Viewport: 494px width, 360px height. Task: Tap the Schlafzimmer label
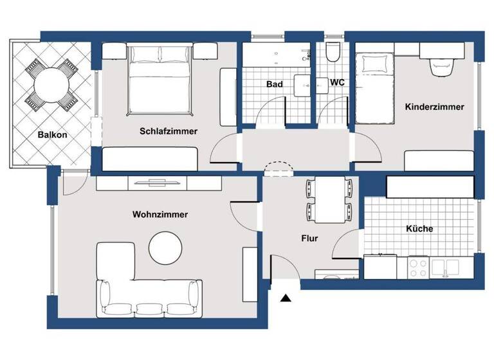[x=169, y=131]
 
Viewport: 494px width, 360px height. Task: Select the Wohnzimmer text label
[x=160, y=215]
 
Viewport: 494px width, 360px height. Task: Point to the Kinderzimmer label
[x=434, y=107]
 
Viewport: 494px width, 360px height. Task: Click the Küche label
[x=419, y=228]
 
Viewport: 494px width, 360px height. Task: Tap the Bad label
[x=275, y=84]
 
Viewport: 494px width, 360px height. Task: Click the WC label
[x=338, y=83]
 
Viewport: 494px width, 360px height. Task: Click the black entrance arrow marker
[x=286, y=298]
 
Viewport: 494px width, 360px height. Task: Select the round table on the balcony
[x=51, y=83]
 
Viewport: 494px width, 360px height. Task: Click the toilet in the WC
[x=333, y=53]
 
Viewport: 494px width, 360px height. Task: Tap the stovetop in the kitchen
[x=419, y=265]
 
